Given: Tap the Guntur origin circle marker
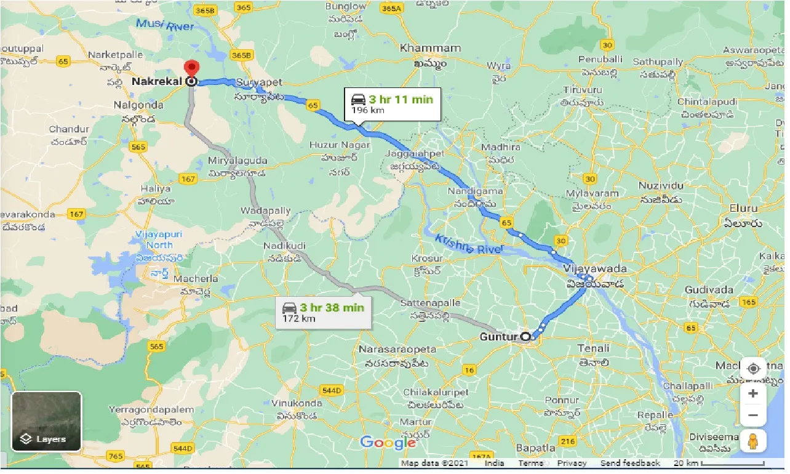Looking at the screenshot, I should pyautogui.click(x=525, y=337).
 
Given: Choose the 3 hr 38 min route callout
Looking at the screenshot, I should pyautogui.click(x=323, y=312).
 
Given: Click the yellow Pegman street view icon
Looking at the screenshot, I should pyautogui.click(x=753, y=441).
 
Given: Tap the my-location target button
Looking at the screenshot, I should pyautogui.click(x=753, y=369).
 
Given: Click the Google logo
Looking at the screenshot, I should pyautogui.click(x=388, y=442).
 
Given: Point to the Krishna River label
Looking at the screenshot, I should pyautogui.click(x=468, y=244).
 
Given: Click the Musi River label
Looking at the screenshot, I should pyautogui.click(x=165, y=25).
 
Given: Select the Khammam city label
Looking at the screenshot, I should pyautogui.click(x=430, y=48).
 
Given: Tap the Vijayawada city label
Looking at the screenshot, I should pyautogui.click(x=595, y=269).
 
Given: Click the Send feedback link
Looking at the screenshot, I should pyautogui.click(x=629, y=463).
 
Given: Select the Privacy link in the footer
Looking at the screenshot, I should pyautogui.click(x=572, y=463).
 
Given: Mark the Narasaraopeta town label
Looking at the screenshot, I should pyautogui.click(x=397, y=349).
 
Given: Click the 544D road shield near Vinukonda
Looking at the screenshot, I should pyautogui.click(x=331, y=390).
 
